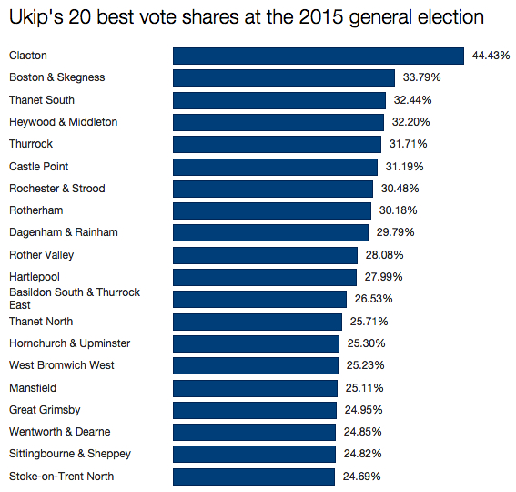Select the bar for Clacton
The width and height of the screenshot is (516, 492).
click(319, 56)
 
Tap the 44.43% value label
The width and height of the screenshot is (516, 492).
click(491, 56)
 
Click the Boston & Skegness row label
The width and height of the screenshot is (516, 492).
click(56, 77)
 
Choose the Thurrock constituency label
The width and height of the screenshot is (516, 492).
click(31, 144)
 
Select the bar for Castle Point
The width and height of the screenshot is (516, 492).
click(275, 167)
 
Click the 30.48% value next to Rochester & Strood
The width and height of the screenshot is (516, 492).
click(399, 189)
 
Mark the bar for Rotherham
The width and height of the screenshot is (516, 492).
click(271, 210)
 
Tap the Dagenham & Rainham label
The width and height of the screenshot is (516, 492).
click(64, 232)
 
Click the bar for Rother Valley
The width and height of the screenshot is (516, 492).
click(265, 255)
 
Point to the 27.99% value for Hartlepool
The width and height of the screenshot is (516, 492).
click(383, 277)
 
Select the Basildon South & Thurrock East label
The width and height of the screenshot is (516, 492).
click(75, 299)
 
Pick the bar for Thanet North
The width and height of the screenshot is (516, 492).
click(258, 322)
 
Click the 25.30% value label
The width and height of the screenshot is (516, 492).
click(367, 343)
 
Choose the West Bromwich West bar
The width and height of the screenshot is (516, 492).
click(256, 365)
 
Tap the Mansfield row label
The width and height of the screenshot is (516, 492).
click(33, 387)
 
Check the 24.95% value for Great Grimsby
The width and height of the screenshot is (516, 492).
click(363, 410)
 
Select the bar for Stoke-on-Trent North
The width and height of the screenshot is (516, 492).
click(254, 476)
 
